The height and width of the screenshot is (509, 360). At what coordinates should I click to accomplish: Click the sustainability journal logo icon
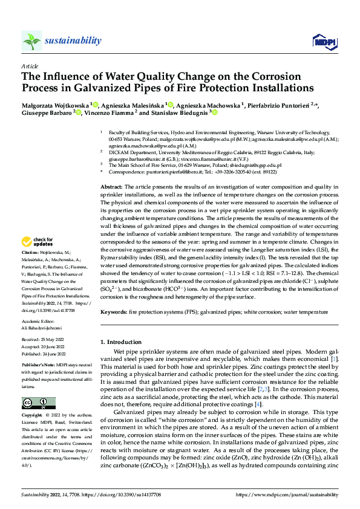click(x=31, y=41)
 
